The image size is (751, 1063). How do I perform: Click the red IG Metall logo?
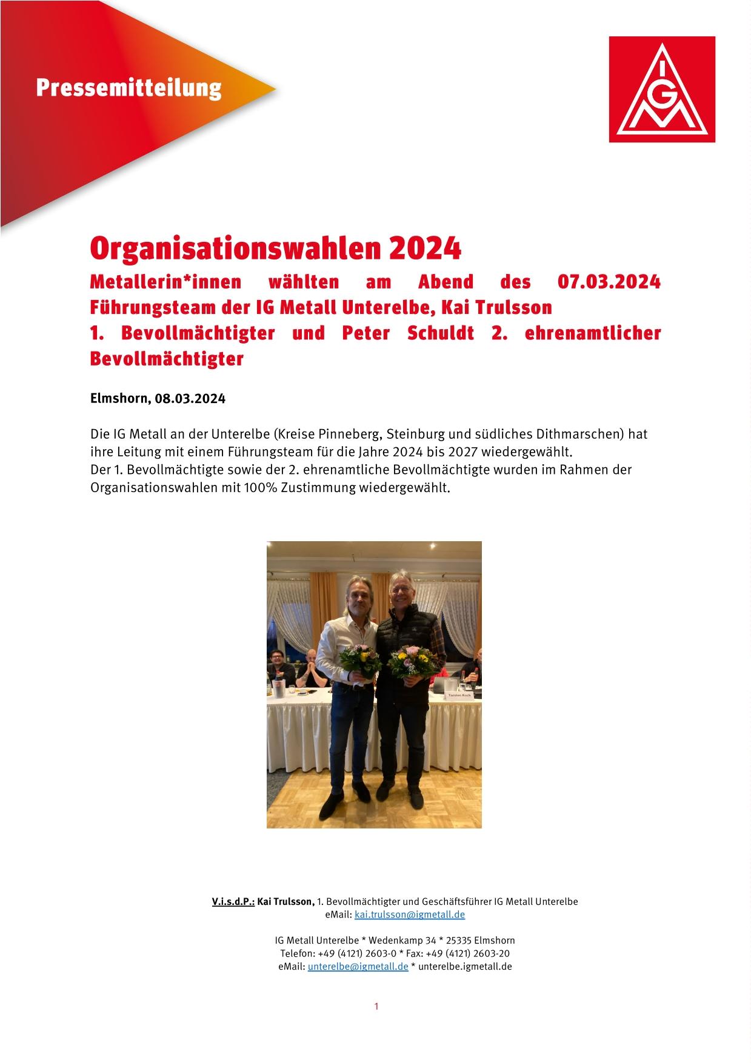(662, 89)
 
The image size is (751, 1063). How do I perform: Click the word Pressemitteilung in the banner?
(129, 88)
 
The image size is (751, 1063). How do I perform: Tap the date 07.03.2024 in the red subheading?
(608, 282)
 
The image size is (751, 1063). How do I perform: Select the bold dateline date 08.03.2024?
(190, 399)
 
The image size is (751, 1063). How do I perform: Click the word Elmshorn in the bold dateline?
(118, 399)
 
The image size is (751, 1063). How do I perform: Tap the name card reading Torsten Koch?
(459, 695)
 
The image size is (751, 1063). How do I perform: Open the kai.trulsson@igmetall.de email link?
(409, 914)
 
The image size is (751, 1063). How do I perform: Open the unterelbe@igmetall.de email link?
(358, 966)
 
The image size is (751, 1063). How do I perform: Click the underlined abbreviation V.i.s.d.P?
(233, 901)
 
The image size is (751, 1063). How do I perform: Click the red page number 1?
(376, 1006)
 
